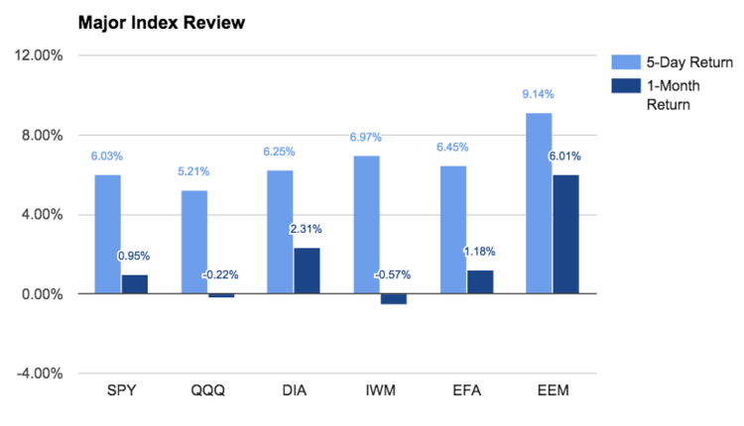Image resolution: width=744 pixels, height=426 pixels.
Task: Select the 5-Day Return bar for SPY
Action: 107,234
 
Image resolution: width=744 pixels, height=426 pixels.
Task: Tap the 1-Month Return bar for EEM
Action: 565,234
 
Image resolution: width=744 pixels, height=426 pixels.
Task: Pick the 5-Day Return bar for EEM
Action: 539,203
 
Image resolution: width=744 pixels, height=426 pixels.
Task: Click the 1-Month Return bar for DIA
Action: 307,270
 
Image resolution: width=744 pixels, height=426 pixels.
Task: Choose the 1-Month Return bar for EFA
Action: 479,281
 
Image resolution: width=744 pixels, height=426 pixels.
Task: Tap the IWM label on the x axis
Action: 380,389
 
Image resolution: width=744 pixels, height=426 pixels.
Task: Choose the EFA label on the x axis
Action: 466,389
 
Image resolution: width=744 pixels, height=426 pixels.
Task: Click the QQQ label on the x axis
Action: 207,389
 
